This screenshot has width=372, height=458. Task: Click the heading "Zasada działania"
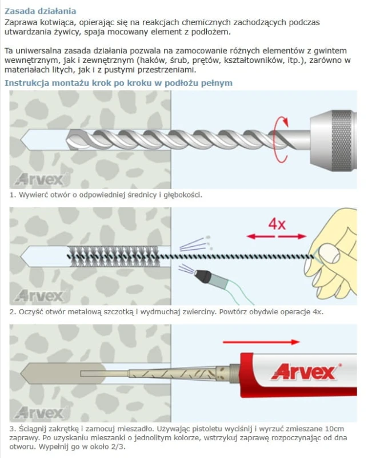(x=40, y=11)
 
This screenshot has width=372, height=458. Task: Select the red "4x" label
(x=277, y=224)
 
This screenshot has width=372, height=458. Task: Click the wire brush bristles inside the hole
(x=114, y=256)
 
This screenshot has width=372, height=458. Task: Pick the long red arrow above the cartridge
(x=261, y=342)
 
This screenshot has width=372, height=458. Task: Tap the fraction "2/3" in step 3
(x=118, y=447)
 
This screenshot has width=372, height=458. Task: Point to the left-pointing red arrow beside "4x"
(x=261, y=236)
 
